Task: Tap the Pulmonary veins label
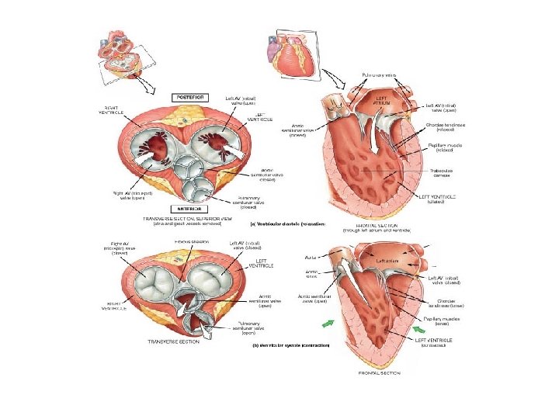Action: (380, 74)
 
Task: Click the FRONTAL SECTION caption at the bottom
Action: (380, 373)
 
